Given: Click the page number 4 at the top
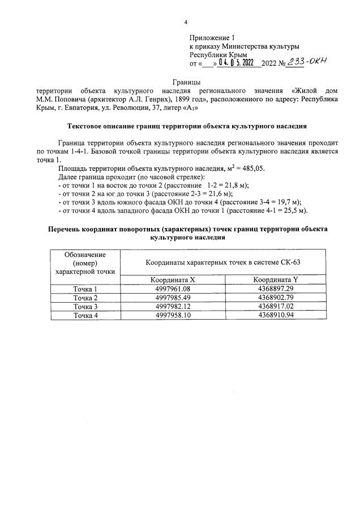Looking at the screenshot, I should tap(186, 23).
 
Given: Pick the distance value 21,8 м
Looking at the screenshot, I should tap(236, 185).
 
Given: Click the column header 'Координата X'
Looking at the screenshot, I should tap(175, 279).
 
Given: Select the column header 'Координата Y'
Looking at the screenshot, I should tap(275, 279).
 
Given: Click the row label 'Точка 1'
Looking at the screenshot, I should tap(85, 289).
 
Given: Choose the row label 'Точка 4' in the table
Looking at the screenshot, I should tap(85, 315).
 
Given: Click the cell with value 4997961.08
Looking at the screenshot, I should tap(175, 289).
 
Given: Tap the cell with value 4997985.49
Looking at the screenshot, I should tap(175, 298).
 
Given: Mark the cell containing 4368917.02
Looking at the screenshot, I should tap(275, 307).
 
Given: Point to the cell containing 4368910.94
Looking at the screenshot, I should tap(275, 315).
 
